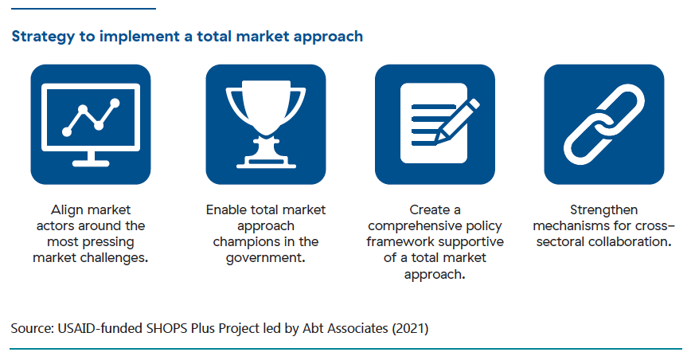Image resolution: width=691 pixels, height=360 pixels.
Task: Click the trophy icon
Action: tap(266, 124)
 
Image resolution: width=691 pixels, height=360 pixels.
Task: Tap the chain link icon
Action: tap(603, 124)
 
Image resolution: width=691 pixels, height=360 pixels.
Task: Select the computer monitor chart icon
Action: tap(91, 124)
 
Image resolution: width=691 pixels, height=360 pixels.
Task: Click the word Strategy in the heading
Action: tap(43, 37)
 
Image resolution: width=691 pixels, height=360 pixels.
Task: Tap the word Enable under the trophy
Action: tap(225, 209)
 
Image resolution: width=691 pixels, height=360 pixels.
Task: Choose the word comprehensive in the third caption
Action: tap(413, 226)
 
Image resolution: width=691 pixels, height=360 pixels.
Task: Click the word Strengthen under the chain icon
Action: tap(603, 210)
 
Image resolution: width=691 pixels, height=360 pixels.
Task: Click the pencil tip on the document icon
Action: tap(437, 142)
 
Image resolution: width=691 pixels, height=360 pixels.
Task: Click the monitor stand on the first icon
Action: tap(91, 158)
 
